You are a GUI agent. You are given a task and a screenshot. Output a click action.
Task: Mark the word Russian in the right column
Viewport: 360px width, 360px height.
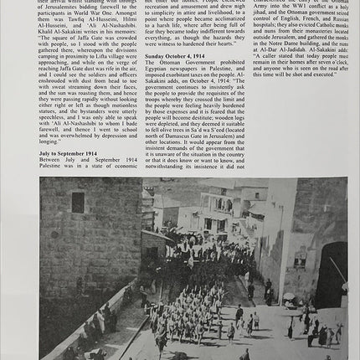[x=335, y=18]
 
